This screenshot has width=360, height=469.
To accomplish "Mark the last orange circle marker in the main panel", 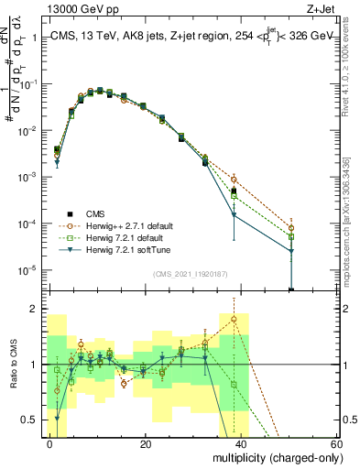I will (x=290, y=227).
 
